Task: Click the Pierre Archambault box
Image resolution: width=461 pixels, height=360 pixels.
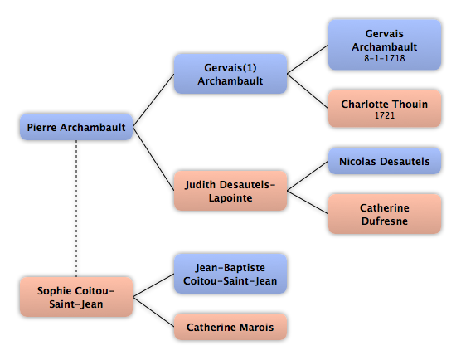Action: [x=76, y=127]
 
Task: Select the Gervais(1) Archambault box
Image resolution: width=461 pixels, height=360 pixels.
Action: [x=230, y=74]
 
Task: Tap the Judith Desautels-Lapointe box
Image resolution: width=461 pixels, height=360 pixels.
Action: [x=230, y=191]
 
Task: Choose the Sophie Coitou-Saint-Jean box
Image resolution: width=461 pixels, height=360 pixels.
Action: [x=76, y=297]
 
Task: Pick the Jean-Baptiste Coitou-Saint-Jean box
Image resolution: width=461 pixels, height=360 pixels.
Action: [x=230, y=274]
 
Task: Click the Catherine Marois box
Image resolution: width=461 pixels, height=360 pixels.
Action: [x=230, y=327]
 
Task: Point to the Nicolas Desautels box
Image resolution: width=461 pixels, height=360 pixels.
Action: [x=385, y=161]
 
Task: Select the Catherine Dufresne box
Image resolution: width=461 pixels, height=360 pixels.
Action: [x=385, y=214]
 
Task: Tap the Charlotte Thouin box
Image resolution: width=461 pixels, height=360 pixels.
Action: [x=385, y=109]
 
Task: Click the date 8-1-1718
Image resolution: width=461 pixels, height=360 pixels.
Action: [x=385, y=58]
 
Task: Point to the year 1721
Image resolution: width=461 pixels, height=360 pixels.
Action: [x=385, y=115]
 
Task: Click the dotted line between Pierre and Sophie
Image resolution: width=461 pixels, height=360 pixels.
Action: [x=76, y=208]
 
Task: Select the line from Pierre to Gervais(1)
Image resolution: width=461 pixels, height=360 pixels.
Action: [x=153, y=100]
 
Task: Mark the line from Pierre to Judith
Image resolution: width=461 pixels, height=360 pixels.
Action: [x=153, y=158]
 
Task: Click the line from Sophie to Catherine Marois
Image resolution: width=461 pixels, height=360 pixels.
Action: [x=153, y=312]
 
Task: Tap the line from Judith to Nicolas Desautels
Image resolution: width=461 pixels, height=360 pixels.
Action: [x=308, y=176]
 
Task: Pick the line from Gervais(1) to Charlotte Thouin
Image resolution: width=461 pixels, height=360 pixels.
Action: [x=308, y=91]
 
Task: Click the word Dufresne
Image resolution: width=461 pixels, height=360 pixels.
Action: [x=385, y=221]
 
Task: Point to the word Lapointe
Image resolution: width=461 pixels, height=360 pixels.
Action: [x=230, y=198]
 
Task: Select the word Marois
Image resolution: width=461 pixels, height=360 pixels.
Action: [x=256, y=327]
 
